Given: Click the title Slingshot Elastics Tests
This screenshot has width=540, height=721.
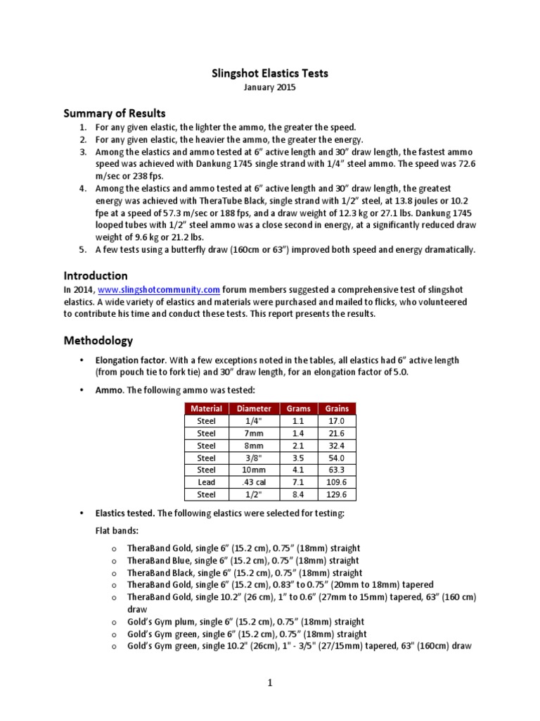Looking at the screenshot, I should pos(270,73).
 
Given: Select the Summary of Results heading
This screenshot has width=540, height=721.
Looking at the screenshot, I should pos(115,113).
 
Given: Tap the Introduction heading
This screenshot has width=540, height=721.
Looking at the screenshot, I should pos(96,275).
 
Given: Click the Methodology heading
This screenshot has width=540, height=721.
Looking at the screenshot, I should pos(98,340).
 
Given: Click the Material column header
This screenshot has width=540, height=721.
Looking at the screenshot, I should pos(207,408).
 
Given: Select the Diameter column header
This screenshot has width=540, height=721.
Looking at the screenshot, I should pos(254,408).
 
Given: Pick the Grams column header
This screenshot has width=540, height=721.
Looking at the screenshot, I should pos(298,408).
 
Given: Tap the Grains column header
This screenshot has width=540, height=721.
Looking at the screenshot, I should pos(337,408).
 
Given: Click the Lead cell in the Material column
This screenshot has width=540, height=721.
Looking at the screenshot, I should pos(207,482).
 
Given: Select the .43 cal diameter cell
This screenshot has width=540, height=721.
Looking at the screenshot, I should pos(254,482).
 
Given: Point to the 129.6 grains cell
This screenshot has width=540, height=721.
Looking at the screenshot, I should pos(337,495).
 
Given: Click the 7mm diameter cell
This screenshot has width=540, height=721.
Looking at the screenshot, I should pos(254,433).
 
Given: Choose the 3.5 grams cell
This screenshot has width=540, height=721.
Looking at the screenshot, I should pos(298,458).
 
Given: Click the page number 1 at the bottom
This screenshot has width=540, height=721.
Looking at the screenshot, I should pos(270,682).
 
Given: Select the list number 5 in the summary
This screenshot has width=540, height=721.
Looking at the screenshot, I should pos(82,249).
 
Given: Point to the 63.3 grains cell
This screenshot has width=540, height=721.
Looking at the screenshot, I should pos(337,470).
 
